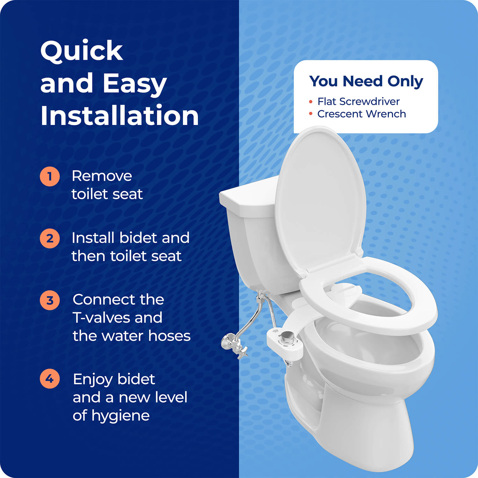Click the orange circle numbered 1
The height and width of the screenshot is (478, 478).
pyautogui.click(x=50, y=176)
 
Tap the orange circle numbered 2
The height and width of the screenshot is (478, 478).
pyautogui.click(x=50, y=238)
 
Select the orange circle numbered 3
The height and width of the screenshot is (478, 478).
pyautogui.click(x=50, y=300)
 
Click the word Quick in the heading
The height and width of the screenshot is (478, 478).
pyautogui.click(x=82, y=51)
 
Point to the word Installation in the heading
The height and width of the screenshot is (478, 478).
pyautogui.click(x=119, y=115)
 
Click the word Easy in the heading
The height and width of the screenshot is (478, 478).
pyautogui.click(x=134, y=83)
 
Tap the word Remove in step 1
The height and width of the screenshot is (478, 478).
pyautogui.click(x=102, y=176)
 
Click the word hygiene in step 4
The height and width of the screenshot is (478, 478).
pyautogui.click(x=120, y=416)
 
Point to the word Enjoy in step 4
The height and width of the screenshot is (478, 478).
pyautogui.click(x=92, y=379)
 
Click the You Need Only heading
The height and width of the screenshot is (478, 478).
pyautogui.click(x=366, y=81)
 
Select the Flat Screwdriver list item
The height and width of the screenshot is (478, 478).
pyautogui.click(x=358, y=101)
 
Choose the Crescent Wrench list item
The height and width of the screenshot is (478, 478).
pyautogui.click(x=361, y=114)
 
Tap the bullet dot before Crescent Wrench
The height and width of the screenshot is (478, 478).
pyautogui.click(x=311, y=114)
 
